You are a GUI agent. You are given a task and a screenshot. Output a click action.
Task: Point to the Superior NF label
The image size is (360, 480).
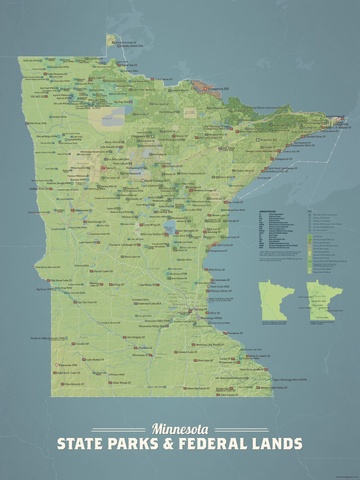pyautogui.click(x=268, y=140)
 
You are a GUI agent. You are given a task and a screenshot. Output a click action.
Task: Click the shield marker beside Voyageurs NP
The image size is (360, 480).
pyautogui.click(x=206, y=88)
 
